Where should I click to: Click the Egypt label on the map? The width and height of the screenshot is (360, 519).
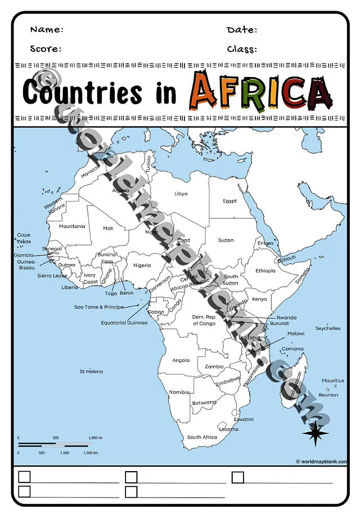pos(229,201)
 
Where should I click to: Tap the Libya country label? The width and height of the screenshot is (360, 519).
pos(181,194)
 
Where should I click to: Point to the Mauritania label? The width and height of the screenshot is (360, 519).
pos(72,226)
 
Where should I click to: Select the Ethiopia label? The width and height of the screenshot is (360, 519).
pos(265,271)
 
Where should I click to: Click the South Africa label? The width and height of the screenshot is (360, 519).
pos(202,437)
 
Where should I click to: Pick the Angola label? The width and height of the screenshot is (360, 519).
pos(181,360)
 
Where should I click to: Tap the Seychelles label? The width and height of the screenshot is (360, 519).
pos(328,328)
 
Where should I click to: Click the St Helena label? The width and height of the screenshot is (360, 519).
pos(91,372)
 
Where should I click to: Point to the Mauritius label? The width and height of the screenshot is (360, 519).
pos(333,381)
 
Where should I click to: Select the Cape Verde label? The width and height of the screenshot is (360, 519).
pos(24,238)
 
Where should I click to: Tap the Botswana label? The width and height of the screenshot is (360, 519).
pos(204,402)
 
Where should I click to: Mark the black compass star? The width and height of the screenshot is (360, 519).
pos(316,433)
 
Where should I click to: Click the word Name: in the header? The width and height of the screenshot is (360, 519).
pos(47,29)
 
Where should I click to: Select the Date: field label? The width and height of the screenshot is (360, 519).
pos(242,29)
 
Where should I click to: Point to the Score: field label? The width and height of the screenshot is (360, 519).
pos(46,48)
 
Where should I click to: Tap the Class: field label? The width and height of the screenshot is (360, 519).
pos(242,48)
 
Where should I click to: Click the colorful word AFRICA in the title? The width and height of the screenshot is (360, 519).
pos(260,92)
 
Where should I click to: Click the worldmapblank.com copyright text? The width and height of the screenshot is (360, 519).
pos(321,462)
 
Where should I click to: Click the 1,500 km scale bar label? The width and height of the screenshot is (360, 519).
pos(90,453)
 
